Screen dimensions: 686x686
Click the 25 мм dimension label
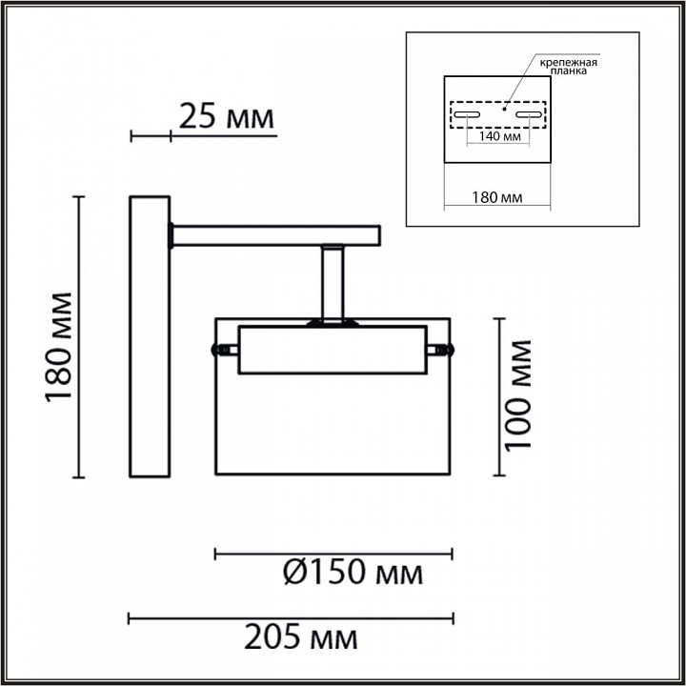pyautogui.click(x=226, y=118)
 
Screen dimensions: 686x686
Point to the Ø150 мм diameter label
pyautogui.click(x=353, y=574)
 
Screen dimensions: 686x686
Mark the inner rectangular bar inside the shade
pyautogui.click(x=331, y=350)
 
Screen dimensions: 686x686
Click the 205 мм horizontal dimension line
pyautogui.click(x=290, y=618)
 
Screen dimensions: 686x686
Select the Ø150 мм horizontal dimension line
pyautogui.click(x=333, y=553)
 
